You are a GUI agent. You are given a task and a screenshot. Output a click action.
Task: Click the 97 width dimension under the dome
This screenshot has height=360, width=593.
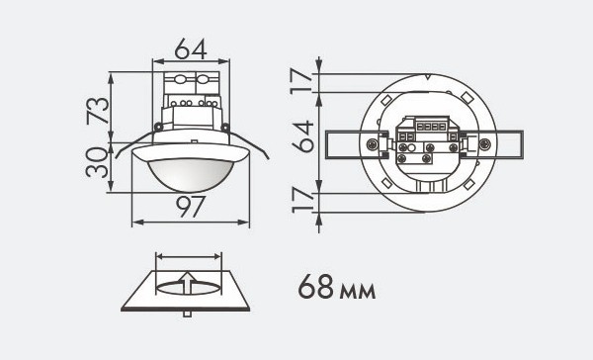pyautogui.click(x=191, y=206)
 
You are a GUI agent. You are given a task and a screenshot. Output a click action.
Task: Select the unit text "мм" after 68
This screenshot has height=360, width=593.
pyautogui.click(x=358, y=292)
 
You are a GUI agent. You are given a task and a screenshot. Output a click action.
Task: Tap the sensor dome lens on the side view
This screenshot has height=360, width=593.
pyautogui.click(x=190, y=174)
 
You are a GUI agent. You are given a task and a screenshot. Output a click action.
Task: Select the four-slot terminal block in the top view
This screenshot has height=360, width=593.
pyautogui.click(x=427, y=126)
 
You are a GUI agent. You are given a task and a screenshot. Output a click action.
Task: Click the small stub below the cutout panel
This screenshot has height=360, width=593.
pyautogui.click(x=189, y=314)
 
